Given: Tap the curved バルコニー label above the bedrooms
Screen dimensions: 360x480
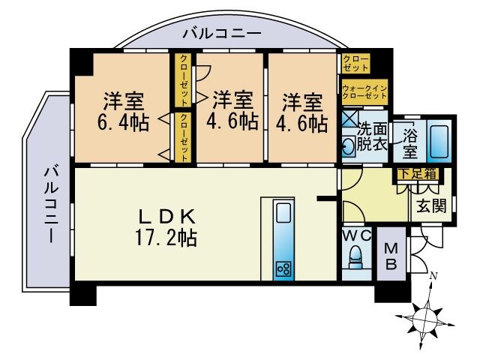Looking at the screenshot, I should point(221,34).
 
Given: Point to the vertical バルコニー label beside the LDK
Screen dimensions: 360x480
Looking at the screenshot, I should point(50,203).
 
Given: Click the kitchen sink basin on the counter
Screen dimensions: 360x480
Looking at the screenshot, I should point(283,214).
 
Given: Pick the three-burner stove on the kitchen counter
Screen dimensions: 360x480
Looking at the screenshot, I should point(283,268).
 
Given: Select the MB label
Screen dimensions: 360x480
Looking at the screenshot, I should point(391,256).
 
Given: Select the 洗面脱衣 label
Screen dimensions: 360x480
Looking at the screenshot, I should point(372,136).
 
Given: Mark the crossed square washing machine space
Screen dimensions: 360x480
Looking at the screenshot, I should point(349,119).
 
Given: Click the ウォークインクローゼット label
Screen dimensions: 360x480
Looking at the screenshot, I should point(364,91).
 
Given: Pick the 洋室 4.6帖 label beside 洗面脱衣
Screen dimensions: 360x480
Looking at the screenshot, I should point(304,111).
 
